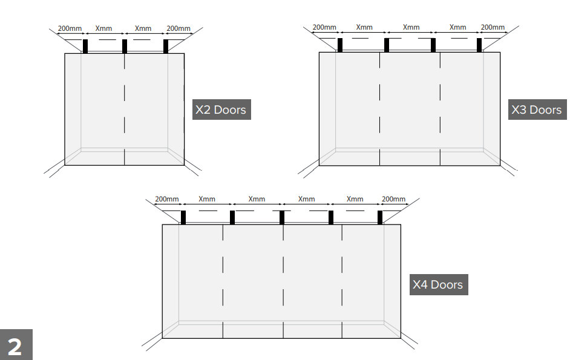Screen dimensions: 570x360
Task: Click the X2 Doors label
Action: pyautogui.click(x=221, y=110)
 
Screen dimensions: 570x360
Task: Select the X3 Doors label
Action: pyautogui.click(x=537, y=110)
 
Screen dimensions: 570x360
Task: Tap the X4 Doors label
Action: pyautogui.click(x=439, y=284)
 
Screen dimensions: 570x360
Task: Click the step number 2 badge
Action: pyautogui.click(x=16, y=345)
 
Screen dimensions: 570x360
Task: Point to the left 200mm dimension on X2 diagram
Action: pyautogui.click(x=70, y=28)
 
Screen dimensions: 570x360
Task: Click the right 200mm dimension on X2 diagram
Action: pyautogui.click(x=179, y=28)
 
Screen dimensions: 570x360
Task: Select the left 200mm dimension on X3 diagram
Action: pyautogui.click(x=324, y=27)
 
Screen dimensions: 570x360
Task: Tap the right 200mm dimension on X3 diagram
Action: pyautogui.click(x=493, y=27)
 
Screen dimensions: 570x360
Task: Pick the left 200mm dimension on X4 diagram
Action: pyautogui.click(x=167, y=199)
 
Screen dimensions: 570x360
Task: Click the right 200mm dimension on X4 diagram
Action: pyautogui.click(x=393, y=199)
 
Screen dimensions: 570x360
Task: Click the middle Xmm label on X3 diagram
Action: pyautogui.click(x=411, y=27)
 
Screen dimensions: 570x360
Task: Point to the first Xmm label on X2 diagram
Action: pyautogui.click(x=103, y=28)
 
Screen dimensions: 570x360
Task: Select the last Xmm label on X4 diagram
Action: pyautogui.click(x=355, y=199)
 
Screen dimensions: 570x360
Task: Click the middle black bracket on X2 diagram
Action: pyautogui.click(x=125, y=46)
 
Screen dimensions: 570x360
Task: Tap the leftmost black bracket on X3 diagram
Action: pyautogui.click(x=340, y=45)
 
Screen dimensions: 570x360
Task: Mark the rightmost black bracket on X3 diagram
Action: pyautogui.click(x=479, y=45)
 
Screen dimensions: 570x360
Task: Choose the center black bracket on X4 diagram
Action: pyautogui.click(x=282, y=217)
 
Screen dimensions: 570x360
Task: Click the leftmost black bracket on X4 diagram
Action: pyautogui.click(x=183, y=217)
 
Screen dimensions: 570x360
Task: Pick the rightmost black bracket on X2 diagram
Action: pyautogui.click(x=166, y=46)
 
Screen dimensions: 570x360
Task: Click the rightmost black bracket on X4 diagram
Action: pyautogui.click(x=380, y=217)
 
